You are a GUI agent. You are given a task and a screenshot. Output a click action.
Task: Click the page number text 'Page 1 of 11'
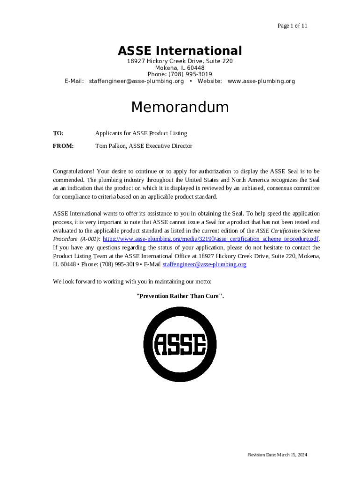292,26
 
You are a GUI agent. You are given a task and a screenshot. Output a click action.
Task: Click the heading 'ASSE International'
180,51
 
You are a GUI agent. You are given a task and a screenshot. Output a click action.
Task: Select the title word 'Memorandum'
180,107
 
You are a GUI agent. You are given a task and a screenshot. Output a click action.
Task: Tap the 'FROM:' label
63,146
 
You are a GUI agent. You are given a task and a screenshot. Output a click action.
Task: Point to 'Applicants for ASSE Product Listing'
141,133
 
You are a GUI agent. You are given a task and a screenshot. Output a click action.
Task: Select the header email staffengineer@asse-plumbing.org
136,81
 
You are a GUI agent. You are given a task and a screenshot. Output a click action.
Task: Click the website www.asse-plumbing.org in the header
261,81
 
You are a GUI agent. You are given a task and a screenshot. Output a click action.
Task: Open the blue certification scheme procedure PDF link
210,239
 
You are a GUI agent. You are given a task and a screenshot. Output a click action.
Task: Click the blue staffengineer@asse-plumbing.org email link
204,264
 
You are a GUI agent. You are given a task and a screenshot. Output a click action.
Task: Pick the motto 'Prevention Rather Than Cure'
180,296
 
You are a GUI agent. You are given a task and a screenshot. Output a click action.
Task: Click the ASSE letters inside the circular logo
180,345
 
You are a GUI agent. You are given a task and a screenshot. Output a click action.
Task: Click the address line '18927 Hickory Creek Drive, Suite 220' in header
180,61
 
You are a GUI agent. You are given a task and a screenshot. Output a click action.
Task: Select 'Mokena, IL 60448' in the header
180,68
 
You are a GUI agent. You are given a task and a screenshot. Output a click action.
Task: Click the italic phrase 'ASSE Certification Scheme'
288,231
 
